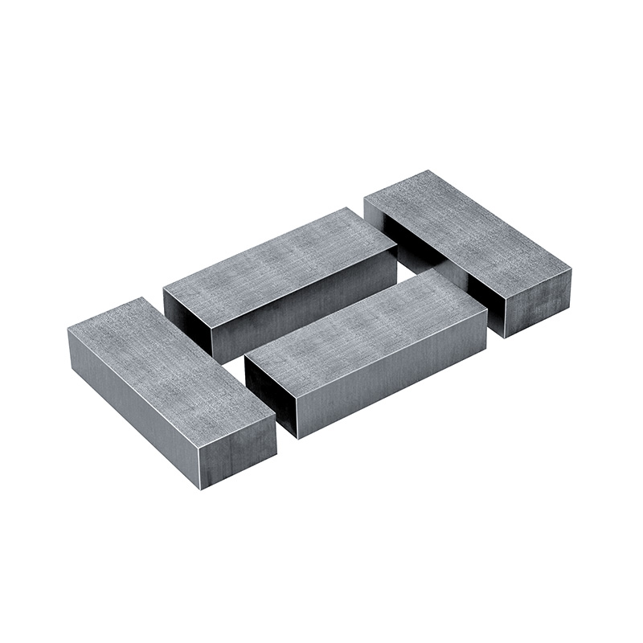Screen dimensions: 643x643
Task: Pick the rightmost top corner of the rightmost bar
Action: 571,269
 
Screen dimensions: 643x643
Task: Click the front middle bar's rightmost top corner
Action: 487,309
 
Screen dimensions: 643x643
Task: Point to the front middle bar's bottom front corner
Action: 297,438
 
